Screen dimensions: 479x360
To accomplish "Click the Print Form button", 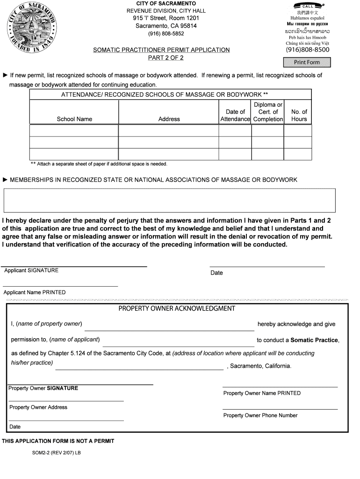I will point(307,62).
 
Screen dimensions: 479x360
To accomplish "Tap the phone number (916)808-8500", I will point(307,50).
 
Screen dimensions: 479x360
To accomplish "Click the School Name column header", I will point(74,119).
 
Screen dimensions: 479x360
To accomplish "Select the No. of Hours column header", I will point(299,115).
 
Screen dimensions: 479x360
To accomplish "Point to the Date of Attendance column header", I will point(235,115).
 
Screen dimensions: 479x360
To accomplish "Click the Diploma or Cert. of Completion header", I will point(268,112).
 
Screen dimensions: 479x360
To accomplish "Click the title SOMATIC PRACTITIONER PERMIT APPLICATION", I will point(161,50).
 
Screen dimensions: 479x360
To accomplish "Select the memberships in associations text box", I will point(169,200).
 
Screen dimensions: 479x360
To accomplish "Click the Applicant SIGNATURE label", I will point(31,270).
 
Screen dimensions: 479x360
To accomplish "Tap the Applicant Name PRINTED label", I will point(35,292).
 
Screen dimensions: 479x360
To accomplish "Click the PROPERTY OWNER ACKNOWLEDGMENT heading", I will point(176,308).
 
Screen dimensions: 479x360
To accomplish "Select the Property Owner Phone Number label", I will point(260,415).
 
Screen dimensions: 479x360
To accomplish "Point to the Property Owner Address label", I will point(38,407).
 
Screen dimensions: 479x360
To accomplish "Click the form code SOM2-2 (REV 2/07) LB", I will point(56,453).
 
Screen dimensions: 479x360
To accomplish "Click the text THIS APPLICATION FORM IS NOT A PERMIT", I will point(58,441).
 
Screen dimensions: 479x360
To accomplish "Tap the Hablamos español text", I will point(307,18).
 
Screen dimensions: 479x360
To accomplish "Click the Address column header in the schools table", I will point(169,119).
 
